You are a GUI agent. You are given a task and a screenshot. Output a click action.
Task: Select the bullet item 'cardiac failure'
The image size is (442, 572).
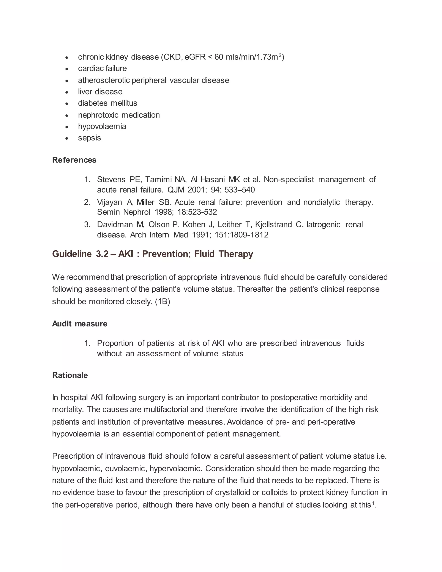[x=102, y=68]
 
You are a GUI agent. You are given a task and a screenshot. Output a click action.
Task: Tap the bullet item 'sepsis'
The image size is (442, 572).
[x=89, y=138]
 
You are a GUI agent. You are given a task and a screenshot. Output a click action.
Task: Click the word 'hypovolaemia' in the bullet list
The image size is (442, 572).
[x=102, y=126]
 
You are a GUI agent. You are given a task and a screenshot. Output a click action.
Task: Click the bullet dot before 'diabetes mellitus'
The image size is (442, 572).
[x=67, y=104]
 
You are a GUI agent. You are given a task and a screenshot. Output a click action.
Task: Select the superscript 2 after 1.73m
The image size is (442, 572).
[x=280, y=55]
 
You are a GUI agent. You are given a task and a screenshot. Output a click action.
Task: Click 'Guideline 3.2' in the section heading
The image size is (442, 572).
[x=80, y=254]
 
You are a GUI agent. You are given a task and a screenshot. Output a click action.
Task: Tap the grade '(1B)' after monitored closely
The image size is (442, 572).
[x=162, y=302]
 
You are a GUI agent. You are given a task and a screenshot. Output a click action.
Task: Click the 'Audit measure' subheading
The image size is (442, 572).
[x=80, y=324]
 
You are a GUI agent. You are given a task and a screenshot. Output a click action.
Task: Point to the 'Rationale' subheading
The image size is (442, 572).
[x=70, y=375]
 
